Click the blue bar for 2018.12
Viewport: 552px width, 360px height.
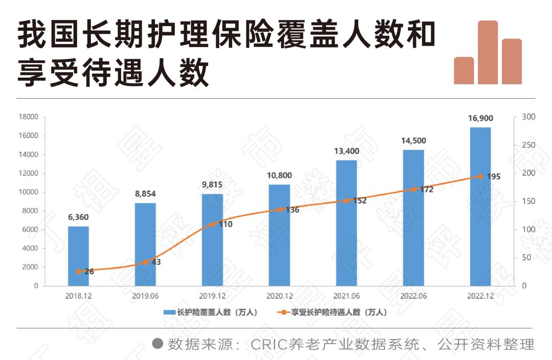[x=78, y=256]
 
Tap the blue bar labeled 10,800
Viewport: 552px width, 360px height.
[x=280, y=235]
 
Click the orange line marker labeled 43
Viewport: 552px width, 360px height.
[x=145, y=262]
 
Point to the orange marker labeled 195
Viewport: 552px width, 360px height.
[x=480, y=176]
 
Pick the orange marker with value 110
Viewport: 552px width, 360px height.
[x=213, y=224]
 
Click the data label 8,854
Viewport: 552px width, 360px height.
[x=145, y=194]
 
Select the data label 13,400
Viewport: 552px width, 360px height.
[x=347, y=151]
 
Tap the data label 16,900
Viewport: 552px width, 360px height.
[x=480, y=118]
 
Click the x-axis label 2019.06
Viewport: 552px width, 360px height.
[x=145, y=296]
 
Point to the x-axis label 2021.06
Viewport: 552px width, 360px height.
[x=347, y=296]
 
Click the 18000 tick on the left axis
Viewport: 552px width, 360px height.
[x=28, y=117]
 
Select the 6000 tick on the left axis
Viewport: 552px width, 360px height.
[x=30, y=230]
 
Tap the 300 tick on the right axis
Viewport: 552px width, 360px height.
[x=528, y=117]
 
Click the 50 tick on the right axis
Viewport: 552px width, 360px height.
[x=526, y=258]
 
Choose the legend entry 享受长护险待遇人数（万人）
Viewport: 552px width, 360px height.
[x=337, y=312]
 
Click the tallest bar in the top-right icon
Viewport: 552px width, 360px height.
[x=488, y=52]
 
